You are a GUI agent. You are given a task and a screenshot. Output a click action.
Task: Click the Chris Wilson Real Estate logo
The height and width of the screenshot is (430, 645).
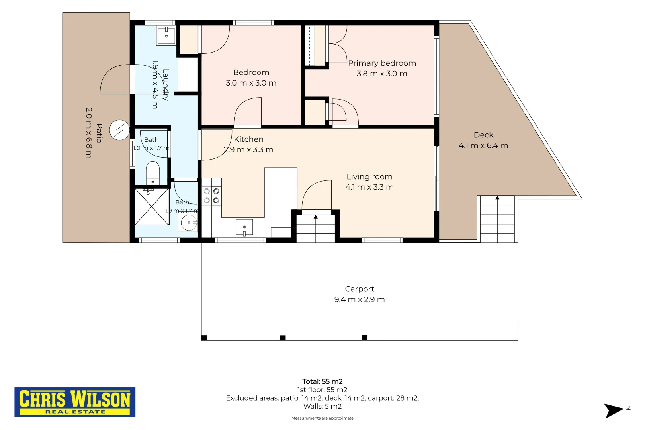point(75,402)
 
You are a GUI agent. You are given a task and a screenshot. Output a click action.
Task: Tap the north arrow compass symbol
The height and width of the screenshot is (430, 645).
point(614,410)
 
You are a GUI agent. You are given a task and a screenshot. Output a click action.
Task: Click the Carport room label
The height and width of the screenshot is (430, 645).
point(360,289)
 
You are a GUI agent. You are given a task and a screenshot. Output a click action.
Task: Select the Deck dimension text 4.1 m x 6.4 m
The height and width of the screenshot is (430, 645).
point(483,145)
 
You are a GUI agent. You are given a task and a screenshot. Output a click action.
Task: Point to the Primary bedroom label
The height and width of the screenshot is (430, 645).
point(382,63)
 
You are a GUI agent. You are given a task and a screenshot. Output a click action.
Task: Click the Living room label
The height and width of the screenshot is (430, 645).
point(369,176)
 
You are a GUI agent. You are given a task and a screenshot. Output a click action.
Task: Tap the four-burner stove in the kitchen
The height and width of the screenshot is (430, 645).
point(211,196)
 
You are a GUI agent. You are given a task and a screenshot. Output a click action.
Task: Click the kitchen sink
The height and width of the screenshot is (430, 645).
point(244,227)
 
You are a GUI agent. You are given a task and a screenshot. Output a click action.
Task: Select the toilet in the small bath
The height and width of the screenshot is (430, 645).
point(152,173)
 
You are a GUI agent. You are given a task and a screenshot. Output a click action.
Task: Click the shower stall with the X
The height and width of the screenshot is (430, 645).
point(152,207)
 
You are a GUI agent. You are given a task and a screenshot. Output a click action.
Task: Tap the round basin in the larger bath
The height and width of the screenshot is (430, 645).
point(189,223)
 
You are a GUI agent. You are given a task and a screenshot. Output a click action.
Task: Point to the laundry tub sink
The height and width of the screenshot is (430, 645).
point(166,35)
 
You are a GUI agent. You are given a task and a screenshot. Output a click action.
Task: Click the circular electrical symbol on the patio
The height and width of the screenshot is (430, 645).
point(119,130)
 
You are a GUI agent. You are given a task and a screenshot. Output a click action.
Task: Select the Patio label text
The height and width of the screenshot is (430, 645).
point(99,133)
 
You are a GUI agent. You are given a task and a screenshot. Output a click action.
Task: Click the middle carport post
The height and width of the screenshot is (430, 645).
point(283,338)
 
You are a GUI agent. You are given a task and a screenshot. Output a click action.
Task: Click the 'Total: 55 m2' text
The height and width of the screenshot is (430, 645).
point(322,381)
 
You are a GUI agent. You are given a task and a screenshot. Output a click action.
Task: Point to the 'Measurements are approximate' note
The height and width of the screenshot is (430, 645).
point(322,418)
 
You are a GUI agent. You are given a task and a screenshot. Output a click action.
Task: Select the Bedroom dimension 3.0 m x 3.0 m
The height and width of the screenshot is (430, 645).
point(251,83)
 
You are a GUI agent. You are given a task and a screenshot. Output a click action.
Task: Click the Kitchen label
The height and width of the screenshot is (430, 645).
point(248,139)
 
